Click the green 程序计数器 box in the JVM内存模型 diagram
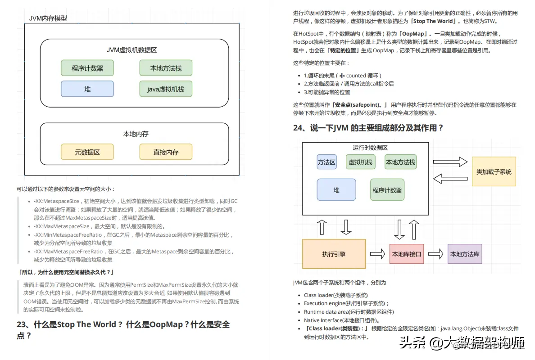87,68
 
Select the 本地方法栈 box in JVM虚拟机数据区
166,68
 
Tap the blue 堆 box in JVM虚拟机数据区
87,89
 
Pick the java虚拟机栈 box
166,89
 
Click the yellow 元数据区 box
87,152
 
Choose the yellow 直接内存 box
166,152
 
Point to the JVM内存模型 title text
48,18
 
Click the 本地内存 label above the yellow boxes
136,134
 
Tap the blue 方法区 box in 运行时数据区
326,162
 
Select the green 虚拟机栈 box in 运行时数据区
360,162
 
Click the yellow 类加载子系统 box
494,171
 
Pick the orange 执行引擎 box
334,254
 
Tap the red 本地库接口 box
407,254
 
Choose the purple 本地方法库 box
465,254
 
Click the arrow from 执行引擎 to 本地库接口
377,254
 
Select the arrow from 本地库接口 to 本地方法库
435,254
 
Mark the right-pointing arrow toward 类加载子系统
450,162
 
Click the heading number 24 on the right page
299,128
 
